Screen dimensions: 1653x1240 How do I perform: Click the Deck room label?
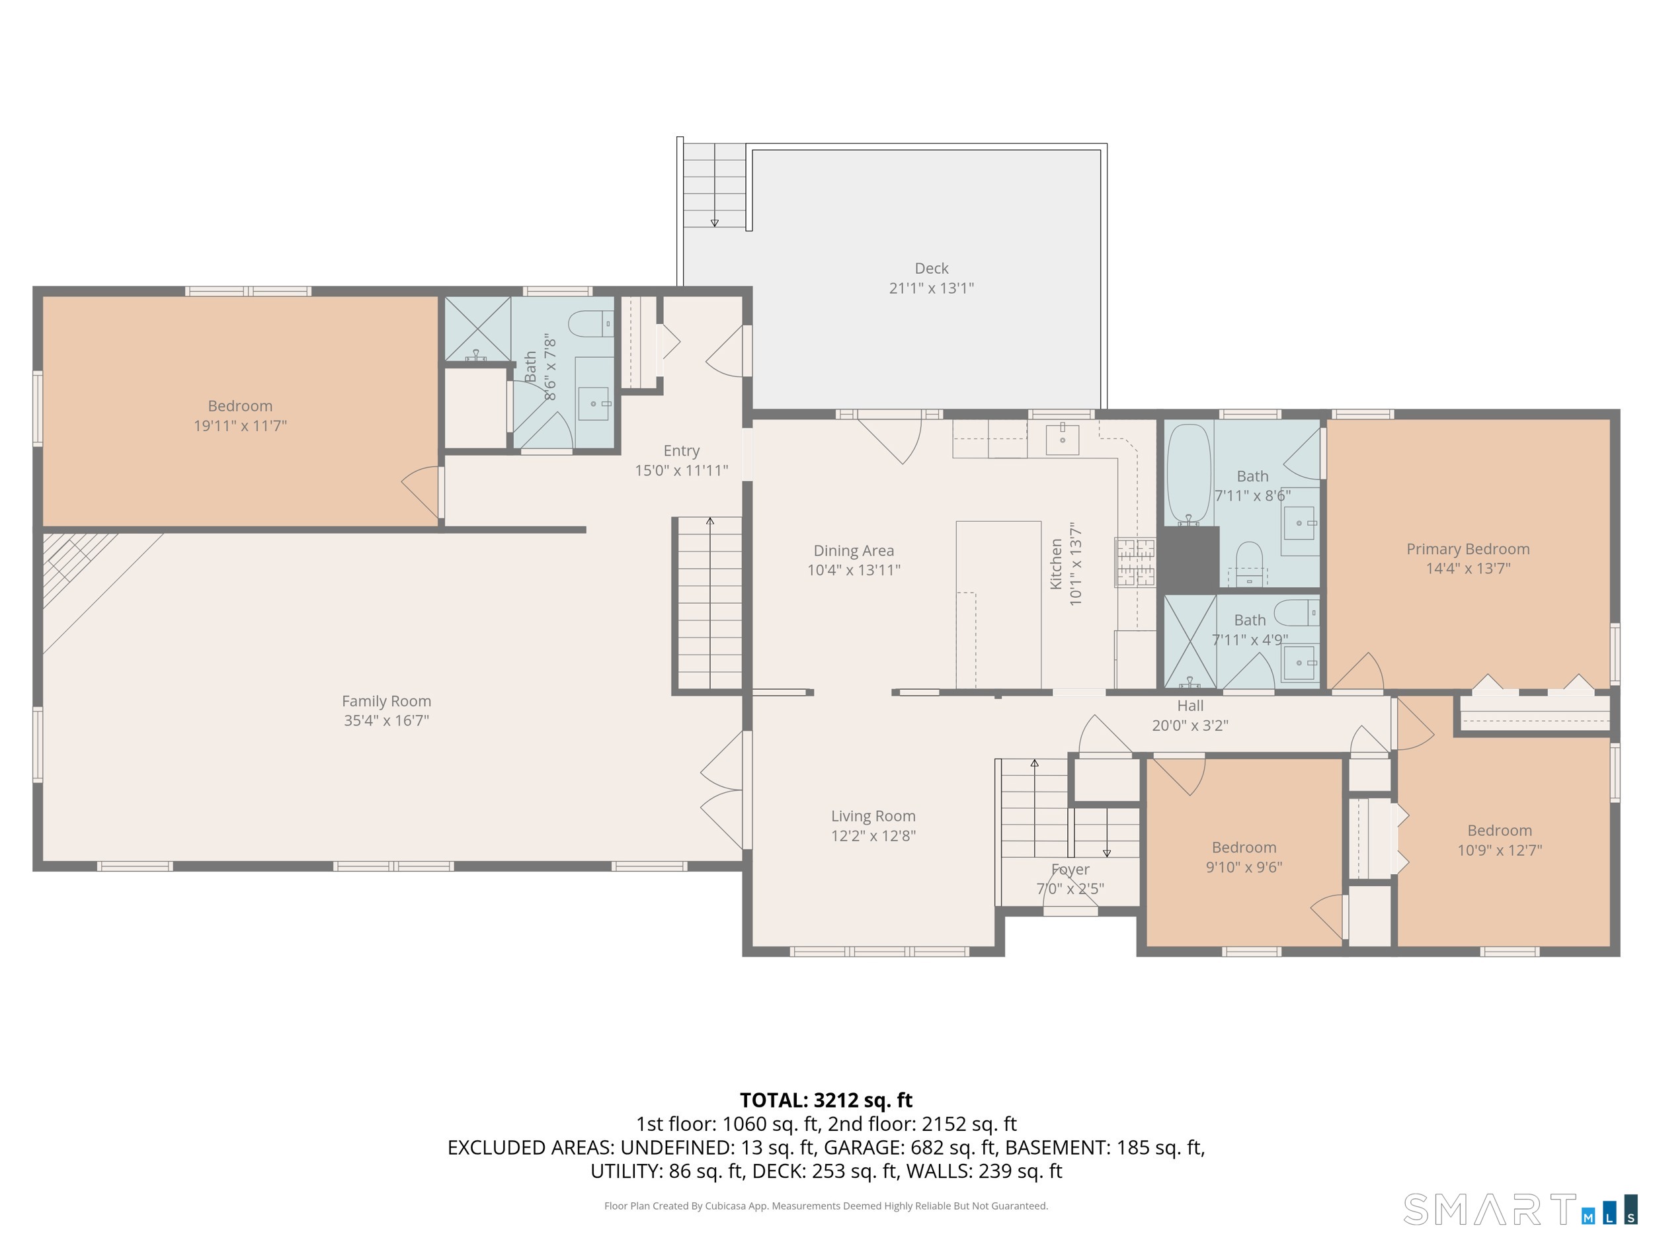pyautogui.click(x=931, y=269)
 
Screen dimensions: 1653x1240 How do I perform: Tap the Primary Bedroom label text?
pyautogui.click(x=1468, y=550)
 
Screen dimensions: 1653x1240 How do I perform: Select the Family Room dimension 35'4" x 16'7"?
pyautogui.click(x=386, y=721)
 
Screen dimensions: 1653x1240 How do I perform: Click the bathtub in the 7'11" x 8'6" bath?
pyautogui.click(x=1188, y=474)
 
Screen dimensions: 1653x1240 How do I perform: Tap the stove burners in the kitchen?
pyautogui.click(x=1135, y=562)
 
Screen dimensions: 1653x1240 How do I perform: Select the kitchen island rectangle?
pyautogui.click(x=998, y=604)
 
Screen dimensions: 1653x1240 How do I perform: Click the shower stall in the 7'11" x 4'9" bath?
pyautogui.click(x=1189, y=641)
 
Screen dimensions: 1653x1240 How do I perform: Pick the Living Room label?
pyautogui.click(x=873, y=816)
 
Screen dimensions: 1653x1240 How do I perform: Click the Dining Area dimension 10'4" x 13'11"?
pyautogui.click(x=854, y=570)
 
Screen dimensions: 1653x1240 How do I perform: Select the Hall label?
pyautogui.click(x=1189, y=706)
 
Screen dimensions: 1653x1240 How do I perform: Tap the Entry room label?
pyautogui.click(x=682, y=451)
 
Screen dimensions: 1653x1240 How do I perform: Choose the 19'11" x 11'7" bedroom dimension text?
pyautogui.click(x=240, y=426)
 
